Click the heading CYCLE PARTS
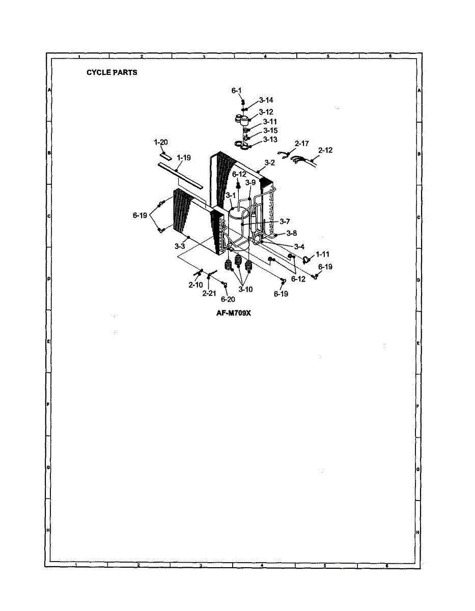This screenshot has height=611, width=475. click(111, 72)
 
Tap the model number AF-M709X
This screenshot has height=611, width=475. click(234, 313)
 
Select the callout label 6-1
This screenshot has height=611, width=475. click(236, 90)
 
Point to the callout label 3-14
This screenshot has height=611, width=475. click(266, 100)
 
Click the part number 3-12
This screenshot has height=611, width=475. click(266, 112)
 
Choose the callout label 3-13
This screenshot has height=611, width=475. click(270, 140)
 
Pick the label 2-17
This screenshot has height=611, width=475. click(302, 144)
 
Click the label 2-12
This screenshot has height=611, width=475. click(325, 150)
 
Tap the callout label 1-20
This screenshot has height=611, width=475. click(161, 142)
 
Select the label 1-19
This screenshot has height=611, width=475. click(184, 158)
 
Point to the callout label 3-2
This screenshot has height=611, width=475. click(269, 163)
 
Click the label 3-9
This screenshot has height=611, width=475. click(250, 182)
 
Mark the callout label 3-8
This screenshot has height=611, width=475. click(292, 233)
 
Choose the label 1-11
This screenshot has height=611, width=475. click(323, 254)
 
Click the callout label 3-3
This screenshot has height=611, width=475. click(179, 246)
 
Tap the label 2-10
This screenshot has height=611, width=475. click(195, 285)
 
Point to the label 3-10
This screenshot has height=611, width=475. click(245, 289)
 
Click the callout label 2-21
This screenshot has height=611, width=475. click(209, 293)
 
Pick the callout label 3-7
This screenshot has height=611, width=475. click(285, 221)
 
